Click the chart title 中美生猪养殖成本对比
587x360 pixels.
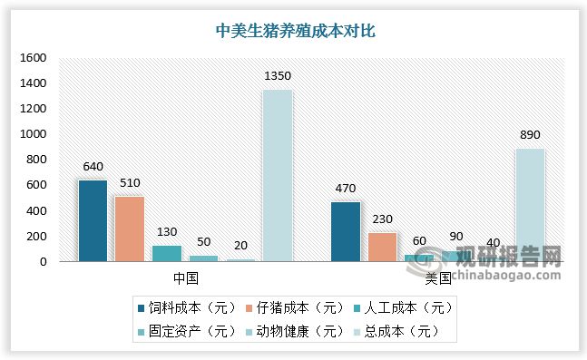[x=295, y=30]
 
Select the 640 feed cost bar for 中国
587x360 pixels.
[x=93, y=220]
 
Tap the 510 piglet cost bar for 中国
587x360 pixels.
[x=130, y=229]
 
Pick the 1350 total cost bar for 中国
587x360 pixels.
[x=277, y=175]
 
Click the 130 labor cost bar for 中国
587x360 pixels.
[x=166, y=253]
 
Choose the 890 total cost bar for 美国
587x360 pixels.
[x=530, y=205]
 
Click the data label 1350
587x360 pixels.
[x=277, y=75]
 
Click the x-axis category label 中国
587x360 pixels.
[x=185, y=276]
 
